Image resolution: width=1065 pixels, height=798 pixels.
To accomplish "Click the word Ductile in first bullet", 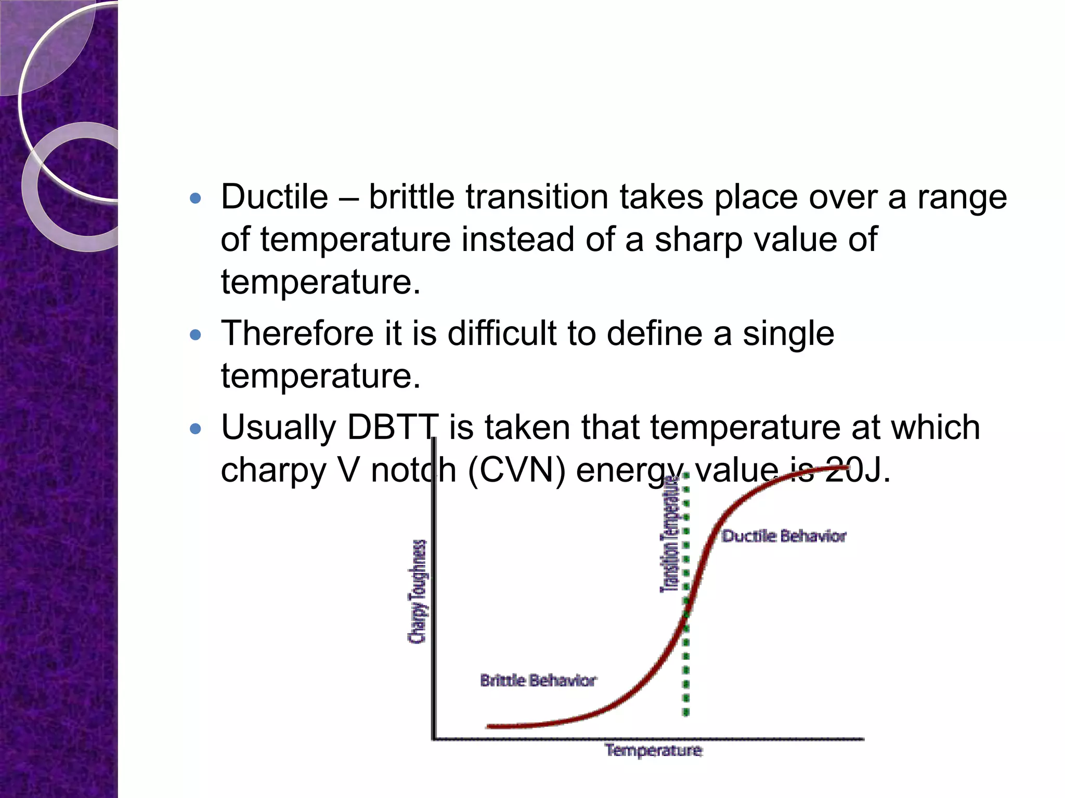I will click(275, 197).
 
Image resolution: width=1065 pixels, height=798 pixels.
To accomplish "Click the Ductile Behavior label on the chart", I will click(784, 536).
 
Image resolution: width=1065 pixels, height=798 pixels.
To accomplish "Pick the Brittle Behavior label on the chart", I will click(538, 681).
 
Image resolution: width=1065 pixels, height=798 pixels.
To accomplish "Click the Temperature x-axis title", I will click(654, 751).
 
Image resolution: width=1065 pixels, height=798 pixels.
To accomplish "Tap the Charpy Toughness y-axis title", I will click(417, 591).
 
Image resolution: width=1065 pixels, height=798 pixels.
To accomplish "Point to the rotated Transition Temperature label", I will click(670, 535).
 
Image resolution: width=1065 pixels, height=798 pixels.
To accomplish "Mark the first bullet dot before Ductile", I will click(196, 198).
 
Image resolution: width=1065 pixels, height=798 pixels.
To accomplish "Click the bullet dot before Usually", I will click(196, 429).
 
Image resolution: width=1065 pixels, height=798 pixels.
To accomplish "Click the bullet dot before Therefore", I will click(196, 335).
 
